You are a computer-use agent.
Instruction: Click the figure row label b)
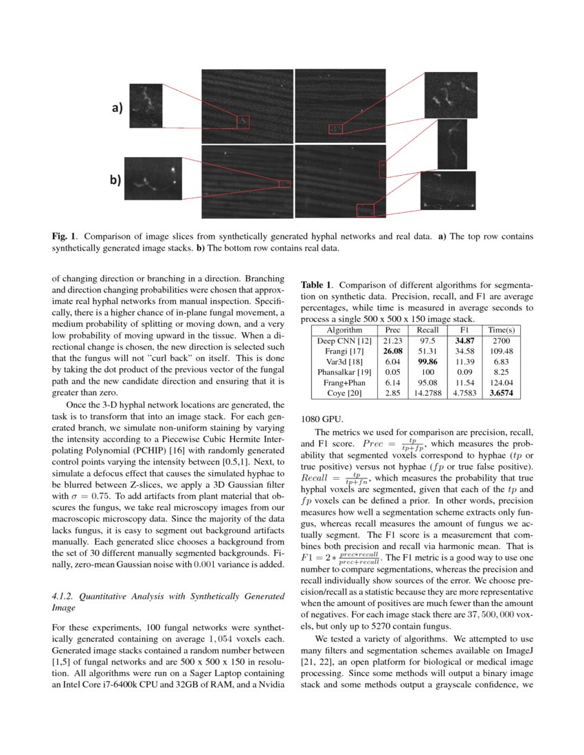point(115,181)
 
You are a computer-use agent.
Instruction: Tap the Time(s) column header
point(501,330)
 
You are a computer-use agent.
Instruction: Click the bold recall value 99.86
point(428,362)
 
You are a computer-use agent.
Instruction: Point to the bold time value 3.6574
point(501,393)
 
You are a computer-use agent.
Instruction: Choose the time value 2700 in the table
point(501,341)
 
